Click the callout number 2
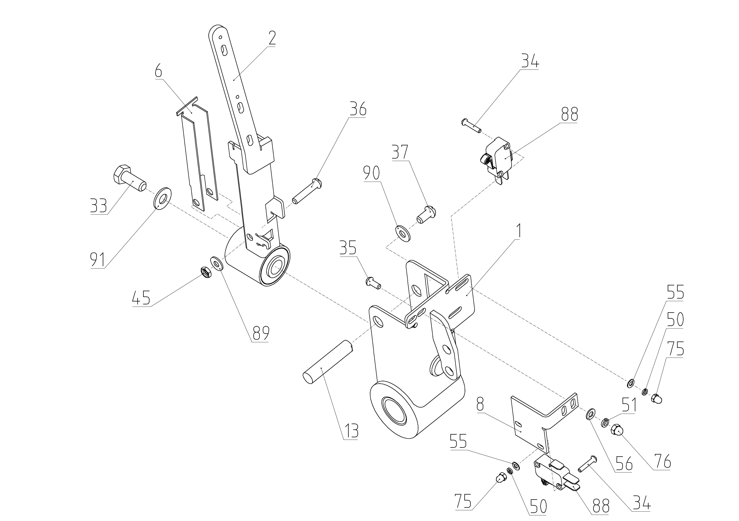(272, 39)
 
